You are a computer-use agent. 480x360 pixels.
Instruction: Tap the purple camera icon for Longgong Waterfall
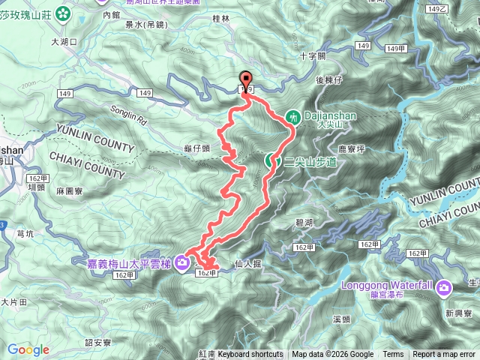tap(444, 286)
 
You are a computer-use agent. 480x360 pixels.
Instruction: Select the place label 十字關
tap(313, 56)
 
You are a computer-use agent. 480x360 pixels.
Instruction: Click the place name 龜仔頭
tap(216, 148)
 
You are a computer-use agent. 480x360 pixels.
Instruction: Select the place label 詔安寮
tap(98, 342)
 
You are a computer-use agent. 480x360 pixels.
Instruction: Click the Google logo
tap(28, 349)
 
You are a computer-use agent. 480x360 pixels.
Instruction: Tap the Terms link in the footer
tap(393, 355)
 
